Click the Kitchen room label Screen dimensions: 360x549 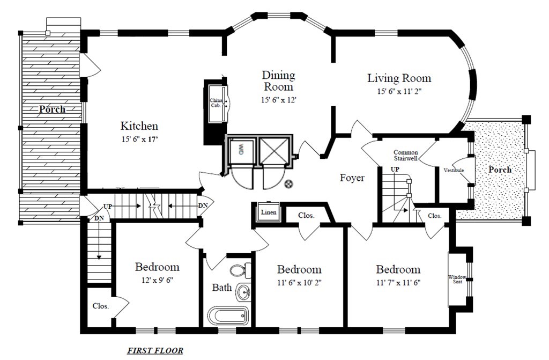click(139, 126)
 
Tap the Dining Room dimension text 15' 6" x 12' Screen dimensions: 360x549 click(278, 100)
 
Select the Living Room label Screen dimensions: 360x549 click(399, 78)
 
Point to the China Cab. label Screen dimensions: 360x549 click(216, 103)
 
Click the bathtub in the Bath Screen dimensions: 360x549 click(227, 315)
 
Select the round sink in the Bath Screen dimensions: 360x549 click(244, 292)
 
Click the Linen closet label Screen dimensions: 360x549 click(269, 212)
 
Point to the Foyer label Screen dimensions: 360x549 click(352, 178)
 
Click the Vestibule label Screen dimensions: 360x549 click(454, 171)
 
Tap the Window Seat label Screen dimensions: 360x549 click(457, 280)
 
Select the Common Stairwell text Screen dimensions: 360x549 click(405, 156)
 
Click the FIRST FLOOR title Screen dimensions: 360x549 click(155, 351)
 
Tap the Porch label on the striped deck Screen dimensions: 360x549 click(52, 109)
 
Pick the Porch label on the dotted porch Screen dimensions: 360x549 click(499, 170)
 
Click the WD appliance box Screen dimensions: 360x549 click(241, 151)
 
